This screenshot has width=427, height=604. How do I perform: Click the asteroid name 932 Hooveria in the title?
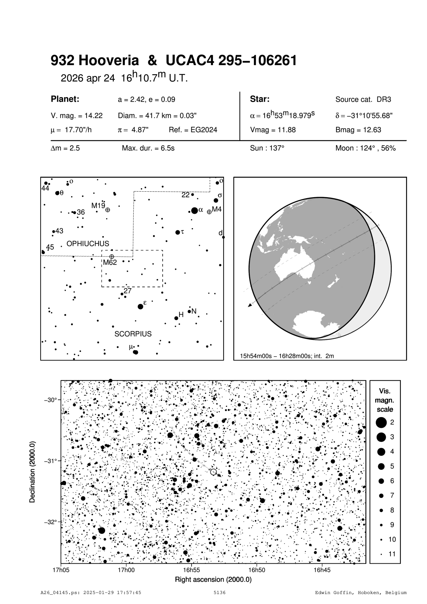point(95,61)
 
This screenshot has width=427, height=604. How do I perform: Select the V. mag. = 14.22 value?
point(77,116)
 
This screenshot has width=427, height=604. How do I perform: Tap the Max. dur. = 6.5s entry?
point(148,148)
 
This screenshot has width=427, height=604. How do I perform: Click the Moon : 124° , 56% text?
point(365,148)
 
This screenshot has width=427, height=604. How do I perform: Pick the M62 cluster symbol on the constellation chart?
point(112,257)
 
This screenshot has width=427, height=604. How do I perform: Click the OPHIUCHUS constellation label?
point(88,244)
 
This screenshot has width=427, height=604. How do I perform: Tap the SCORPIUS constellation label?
point(133,334)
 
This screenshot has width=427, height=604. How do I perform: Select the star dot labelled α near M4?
point(194,210)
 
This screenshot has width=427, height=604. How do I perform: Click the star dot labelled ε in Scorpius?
point(140,306)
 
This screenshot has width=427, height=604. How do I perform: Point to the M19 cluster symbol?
point(108,210)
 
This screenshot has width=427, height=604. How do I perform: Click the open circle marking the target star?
point(213,472)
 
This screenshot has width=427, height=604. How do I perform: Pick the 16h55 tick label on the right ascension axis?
point(192,570)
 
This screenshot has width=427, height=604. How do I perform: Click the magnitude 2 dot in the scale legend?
point(381,422)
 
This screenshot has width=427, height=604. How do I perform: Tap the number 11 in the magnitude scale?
point(392,554)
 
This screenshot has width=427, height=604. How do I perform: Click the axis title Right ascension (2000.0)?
point(213,580)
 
